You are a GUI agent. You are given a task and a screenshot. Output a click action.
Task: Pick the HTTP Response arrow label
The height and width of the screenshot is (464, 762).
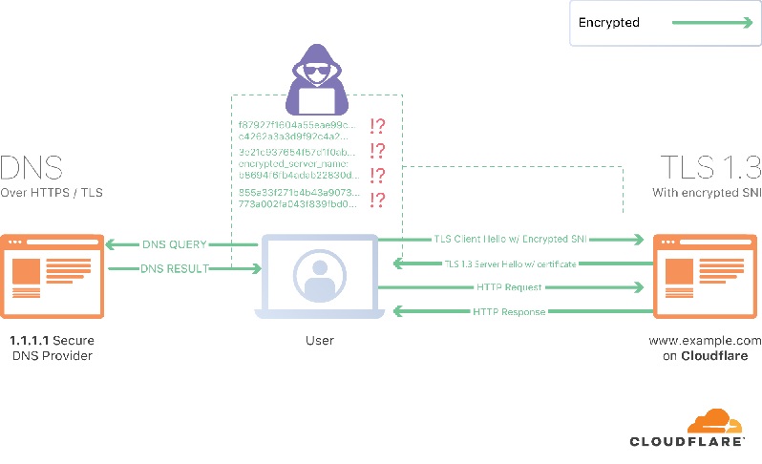coord(509,311)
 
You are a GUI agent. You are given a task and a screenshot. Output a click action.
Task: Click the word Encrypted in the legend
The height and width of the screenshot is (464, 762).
coord(610,22)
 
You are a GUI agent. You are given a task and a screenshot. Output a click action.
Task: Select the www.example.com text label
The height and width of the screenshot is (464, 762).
coord(706,340)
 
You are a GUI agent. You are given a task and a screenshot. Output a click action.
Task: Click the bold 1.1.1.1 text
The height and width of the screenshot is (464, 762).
coord(29,340)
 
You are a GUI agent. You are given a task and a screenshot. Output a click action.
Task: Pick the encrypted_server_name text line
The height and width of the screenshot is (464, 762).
coord(282,164)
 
